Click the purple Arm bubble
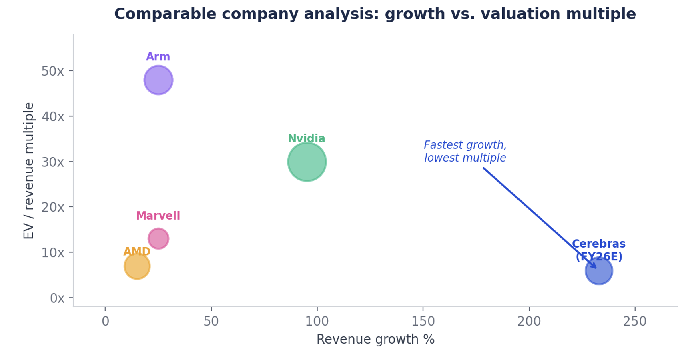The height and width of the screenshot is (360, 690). pos(158,80)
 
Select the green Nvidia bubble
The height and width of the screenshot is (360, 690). pos(307,162)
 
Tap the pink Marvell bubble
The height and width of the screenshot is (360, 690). pos(158,238)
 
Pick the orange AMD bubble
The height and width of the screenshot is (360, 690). pos(137,266)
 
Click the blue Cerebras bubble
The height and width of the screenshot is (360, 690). pos(598,271)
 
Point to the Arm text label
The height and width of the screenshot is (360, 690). pos(158,57)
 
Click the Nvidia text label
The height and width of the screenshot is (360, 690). pos(307,139)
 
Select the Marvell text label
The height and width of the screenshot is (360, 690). pos(158,216)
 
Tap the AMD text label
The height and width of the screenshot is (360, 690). pos(137,252)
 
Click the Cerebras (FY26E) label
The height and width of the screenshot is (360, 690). pos(599,250)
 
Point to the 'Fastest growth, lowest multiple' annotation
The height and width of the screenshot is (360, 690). pos(465,151)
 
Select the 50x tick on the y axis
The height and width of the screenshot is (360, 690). pos(53,71)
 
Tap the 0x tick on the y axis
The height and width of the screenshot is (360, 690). pos(57,298)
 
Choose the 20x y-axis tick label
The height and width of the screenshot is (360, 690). pos(53,207)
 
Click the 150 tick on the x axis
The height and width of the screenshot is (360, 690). pos(423,321)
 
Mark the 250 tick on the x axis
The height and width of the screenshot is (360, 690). pos(635,321)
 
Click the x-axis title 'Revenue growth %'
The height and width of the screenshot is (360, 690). pos(375,339)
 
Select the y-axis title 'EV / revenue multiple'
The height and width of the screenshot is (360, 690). pos(29,171)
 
